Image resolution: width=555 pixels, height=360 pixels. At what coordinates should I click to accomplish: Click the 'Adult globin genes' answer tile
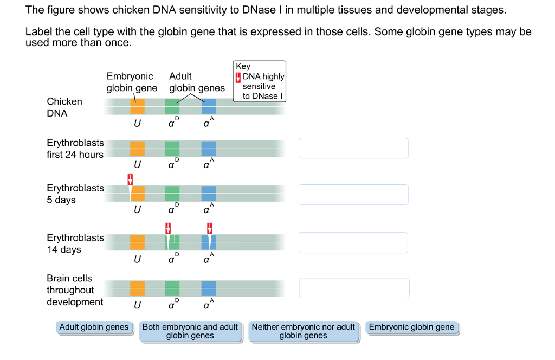coord(94,327)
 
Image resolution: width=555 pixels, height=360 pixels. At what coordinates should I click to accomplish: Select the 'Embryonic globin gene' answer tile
coord(412,327)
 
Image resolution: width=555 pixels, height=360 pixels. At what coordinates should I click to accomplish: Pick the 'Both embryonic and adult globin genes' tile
coord(190,331)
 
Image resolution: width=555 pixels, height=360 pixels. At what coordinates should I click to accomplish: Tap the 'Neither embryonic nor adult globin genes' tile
coord(303,331)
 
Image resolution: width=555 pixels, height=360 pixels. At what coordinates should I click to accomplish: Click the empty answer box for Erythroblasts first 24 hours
coord(353,148)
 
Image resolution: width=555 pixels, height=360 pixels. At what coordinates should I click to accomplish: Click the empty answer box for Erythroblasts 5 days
coord(353,195)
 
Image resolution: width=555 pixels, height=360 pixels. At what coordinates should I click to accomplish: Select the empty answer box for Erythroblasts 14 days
coord(353,242)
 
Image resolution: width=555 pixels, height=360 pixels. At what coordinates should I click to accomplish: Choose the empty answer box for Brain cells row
coord(354,288)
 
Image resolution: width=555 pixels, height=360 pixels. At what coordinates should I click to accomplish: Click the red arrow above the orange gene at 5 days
coord(130,179)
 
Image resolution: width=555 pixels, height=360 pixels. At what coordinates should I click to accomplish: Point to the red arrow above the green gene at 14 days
coord(168,227)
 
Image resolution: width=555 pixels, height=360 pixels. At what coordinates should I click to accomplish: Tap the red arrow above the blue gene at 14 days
coord(209,227)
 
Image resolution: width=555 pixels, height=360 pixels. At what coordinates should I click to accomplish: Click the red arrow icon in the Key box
coord(238,76)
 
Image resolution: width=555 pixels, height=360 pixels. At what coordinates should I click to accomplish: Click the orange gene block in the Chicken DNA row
coord(137,106)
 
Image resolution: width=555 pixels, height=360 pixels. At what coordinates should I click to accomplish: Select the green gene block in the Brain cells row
coord(172,288)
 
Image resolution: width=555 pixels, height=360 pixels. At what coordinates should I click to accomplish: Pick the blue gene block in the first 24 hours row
coord(209,148)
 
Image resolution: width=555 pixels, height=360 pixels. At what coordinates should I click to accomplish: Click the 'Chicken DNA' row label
coord(64,107)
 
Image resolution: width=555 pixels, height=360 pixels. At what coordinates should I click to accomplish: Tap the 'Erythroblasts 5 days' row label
coord(75,194)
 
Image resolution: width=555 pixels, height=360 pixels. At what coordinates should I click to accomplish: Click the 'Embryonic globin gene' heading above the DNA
coord(131,82)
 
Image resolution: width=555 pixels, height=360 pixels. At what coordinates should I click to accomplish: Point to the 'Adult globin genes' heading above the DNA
coord(196,82)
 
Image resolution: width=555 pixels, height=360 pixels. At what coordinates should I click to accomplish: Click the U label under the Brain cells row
coord(137,306)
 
